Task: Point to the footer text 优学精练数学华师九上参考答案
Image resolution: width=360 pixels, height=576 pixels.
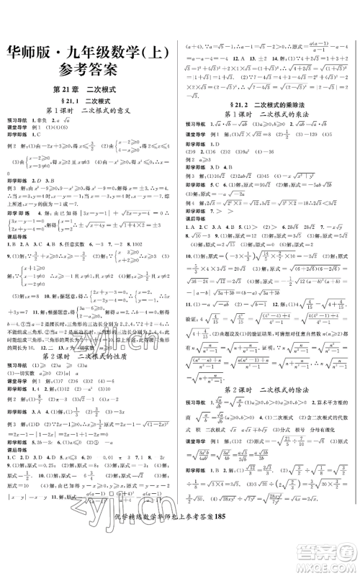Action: point(190,561)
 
